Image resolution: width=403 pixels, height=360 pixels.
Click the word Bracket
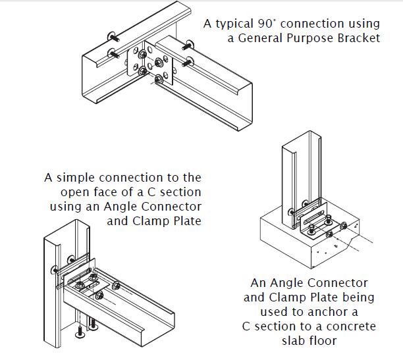pyautogui.click(x=360, y=38)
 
